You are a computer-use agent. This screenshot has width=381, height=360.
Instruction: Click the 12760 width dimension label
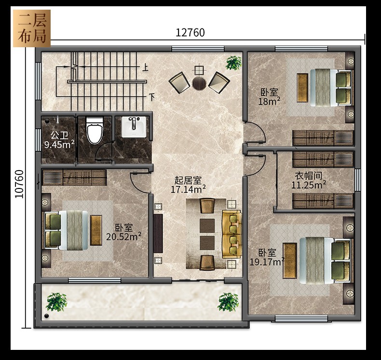190,32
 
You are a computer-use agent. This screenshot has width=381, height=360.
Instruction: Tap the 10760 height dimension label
19,184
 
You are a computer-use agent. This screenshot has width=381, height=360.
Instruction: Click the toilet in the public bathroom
95,131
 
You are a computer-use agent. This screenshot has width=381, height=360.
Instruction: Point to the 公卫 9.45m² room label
59,140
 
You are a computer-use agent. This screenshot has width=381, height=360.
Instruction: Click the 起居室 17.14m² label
188,185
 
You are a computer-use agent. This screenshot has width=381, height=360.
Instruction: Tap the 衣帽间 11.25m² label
309,180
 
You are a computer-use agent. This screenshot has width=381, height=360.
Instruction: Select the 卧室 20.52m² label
123,232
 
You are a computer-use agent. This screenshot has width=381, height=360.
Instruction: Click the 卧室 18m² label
269,97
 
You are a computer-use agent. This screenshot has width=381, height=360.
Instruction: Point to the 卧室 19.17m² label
267,257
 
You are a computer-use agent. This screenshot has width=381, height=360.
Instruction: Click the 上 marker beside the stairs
145,67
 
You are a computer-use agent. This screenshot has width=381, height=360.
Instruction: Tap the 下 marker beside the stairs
151,97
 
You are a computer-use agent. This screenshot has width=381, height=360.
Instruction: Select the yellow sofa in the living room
232,234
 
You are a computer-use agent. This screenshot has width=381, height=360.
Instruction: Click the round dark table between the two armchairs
199,83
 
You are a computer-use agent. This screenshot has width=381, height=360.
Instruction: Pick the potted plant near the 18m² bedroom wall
234,63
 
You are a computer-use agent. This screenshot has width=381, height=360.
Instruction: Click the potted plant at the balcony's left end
56,302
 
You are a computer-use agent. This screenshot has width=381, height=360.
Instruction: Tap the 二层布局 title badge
32,28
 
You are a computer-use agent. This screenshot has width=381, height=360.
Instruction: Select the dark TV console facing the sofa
158,233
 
